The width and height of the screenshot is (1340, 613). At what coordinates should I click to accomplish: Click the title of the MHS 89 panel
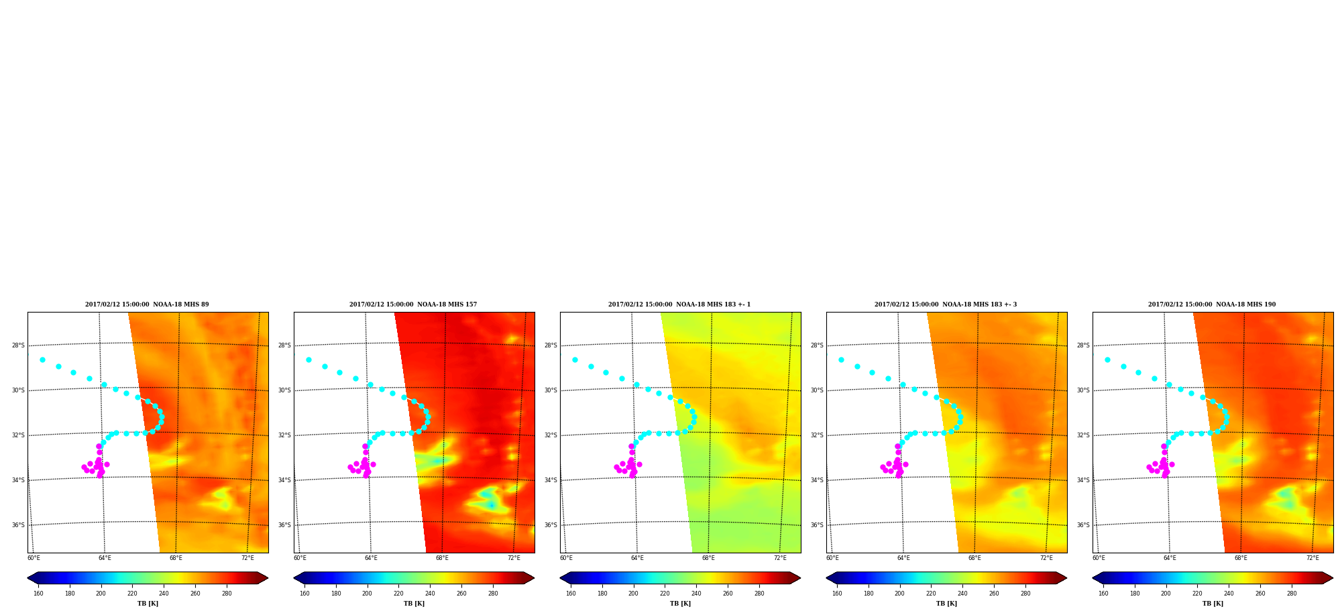[x=147, y=304]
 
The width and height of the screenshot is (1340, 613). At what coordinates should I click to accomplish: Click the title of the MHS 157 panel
[x=413, y=304]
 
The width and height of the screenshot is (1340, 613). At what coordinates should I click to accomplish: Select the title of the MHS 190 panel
[x=1212, y=304]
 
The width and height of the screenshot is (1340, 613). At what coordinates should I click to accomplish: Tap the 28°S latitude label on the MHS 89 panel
[x=18, y=345]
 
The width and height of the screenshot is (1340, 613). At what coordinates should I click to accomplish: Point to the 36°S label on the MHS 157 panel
[x=284, y=525]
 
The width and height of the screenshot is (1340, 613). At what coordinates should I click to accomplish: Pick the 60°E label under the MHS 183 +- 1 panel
[x=566, y=558]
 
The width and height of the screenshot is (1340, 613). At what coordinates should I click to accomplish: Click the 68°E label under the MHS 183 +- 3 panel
[x=974, y=558]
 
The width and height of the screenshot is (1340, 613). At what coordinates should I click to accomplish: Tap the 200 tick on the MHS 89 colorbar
[x=101, y=593]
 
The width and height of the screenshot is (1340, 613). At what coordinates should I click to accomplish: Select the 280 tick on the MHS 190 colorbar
[x=1292, y=593]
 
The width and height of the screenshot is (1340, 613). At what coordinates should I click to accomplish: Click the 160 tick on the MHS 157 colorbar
[x=304, y=593]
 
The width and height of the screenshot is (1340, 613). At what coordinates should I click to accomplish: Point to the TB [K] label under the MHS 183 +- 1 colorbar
[x=680, y=604]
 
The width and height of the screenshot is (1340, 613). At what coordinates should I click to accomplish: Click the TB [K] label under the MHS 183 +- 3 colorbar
[x=946, y=604]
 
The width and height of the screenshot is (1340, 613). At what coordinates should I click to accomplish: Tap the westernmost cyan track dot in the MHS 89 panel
[x=42, y=359]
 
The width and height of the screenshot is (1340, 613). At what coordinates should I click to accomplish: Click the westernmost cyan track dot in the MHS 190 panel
[x=1107, y=359]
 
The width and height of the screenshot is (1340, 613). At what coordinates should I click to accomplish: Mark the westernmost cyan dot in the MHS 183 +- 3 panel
[x=841, y=359]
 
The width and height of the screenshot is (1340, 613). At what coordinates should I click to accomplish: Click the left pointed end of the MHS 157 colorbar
[x=294, y=578]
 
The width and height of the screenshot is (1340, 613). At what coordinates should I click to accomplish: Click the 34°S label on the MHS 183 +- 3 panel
[x=817, y=480]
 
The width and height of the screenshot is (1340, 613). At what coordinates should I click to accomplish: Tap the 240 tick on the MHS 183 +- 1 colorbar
[x=696, y=593]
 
